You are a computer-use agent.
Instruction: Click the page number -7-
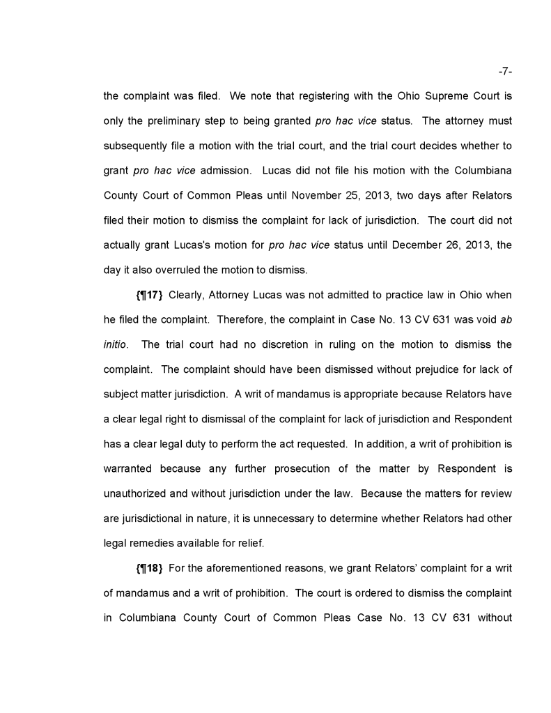[505, 71]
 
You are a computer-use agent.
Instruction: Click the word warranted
[127, 468]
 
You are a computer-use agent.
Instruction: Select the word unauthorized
[136, 493]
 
